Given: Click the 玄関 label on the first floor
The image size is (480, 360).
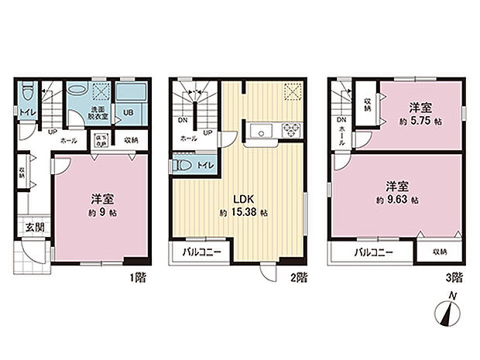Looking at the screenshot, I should coord(27,227).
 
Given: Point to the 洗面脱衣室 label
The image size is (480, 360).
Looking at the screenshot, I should coord(98,112).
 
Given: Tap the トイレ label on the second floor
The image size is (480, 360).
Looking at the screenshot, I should coord(206,166).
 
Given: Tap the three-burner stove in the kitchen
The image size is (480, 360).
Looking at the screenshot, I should coord(292,129).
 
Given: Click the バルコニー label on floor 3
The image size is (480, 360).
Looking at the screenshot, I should coord(373,252).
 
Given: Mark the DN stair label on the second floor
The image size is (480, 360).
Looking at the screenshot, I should coord(183,122).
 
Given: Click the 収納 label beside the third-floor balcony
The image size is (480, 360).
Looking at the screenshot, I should coord(439,251).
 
